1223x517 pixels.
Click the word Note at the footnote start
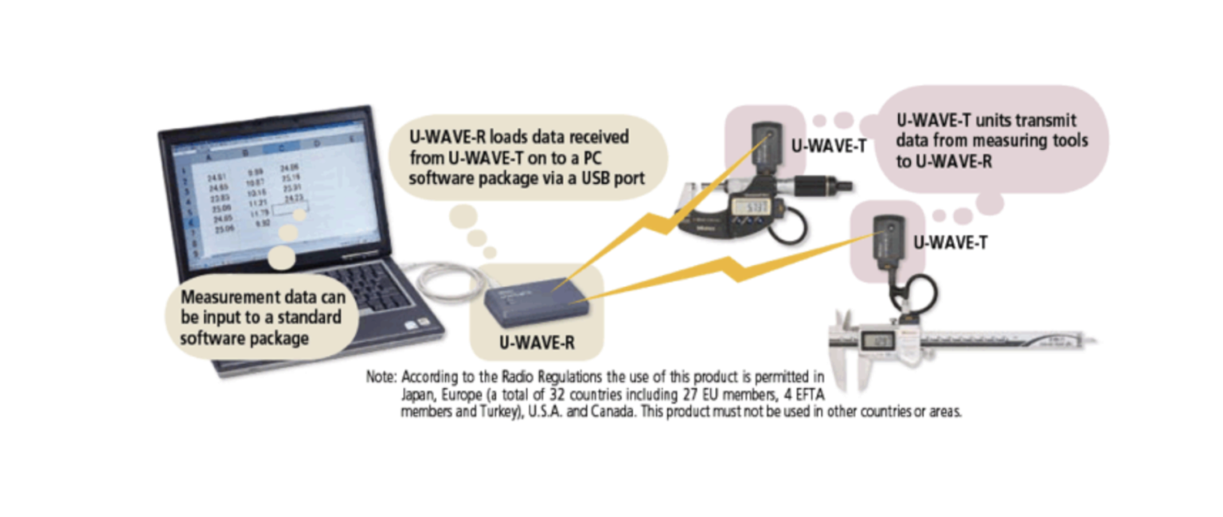click(x=380, y=376)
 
